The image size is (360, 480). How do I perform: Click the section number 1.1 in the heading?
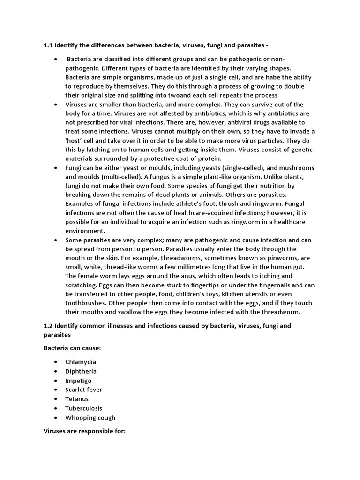coord(48,45)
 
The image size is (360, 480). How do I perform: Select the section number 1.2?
coord(48,325)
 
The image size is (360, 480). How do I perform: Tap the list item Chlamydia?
coord(81,362)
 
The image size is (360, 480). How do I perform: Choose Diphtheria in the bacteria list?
coord(81,371)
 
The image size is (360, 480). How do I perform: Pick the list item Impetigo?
coord(79,381)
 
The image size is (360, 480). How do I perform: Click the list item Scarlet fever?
coord(84,390)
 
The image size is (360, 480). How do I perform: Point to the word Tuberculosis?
coord(84,408)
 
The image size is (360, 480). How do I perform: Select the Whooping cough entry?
coord(90,418)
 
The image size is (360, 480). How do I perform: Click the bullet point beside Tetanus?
coord(56,399)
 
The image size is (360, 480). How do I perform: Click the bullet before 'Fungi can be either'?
coord(56,168)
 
